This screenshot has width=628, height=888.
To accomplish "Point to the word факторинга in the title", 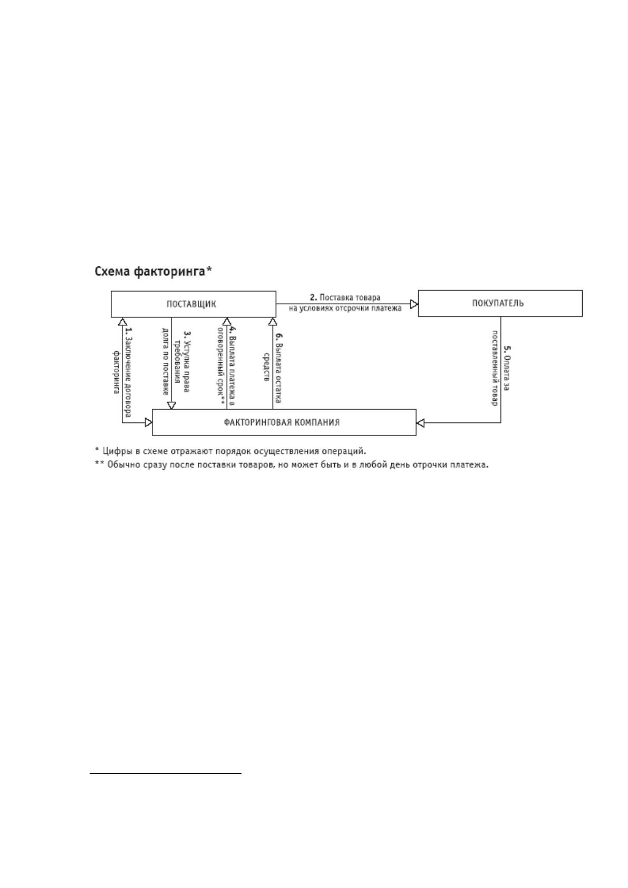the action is click(x=169, y=272).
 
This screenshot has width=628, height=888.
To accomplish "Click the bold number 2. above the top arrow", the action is click(x=313, y=297).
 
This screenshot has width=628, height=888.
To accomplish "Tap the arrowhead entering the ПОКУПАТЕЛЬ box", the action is click(x=414, y=304).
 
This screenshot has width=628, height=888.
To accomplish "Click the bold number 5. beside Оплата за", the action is click(x=507, y=349).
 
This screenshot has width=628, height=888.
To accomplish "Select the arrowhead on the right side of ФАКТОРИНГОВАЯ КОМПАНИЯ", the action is click(x=420, y=422).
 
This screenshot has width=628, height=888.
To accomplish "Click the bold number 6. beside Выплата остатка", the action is click(x=278, y=336).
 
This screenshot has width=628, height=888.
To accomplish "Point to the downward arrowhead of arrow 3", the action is click(x=171, y=405).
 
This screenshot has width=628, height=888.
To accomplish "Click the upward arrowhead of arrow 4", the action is click(x=227, y=322).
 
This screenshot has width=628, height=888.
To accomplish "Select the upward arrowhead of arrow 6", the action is click(x=273, y=322).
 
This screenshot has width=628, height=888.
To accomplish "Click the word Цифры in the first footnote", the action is click(x=114, y=451).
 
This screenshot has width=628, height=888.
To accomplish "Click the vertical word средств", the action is click(x=267, y=367).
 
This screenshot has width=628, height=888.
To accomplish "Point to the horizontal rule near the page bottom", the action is click(x=166, y=773).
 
